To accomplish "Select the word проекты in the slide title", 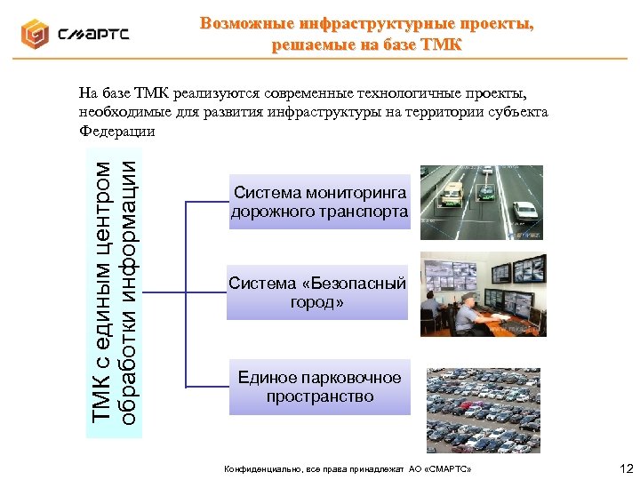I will tap(492, 23).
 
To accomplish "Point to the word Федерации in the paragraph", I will tap(116, 132).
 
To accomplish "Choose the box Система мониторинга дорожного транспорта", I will tap(319, 203).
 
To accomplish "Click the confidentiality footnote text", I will tap(348, 468).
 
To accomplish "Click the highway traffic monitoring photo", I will tap(480, 203).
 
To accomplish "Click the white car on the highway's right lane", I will tap(525, 211).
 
